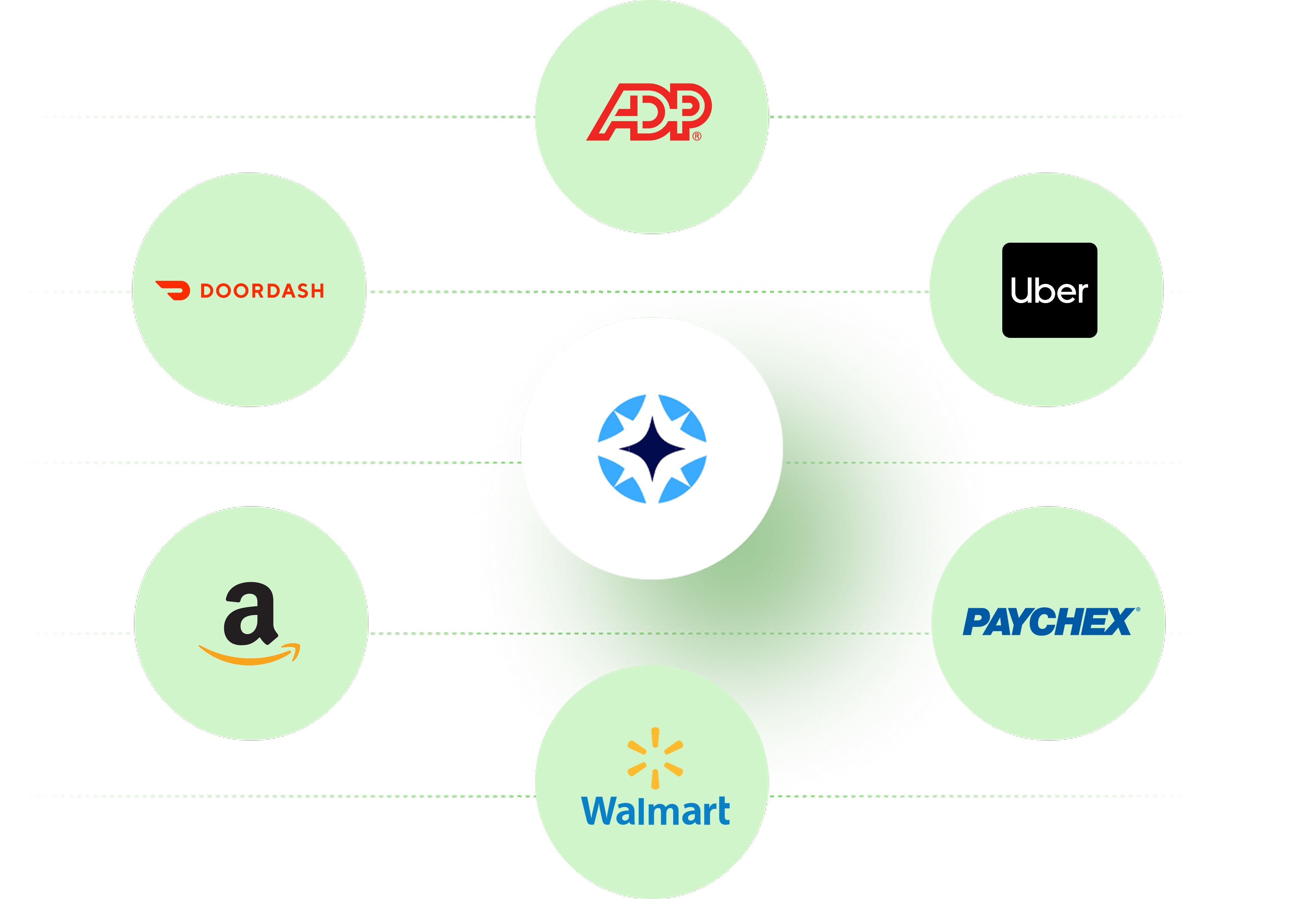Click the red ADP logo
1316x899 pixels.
649,112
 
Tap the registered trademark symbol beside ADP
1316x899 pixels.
697,136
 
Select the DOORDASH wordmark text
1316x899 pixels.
262,291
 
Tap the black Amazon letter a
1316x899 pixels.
251,614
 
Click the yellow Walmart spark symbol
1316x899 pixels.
655,758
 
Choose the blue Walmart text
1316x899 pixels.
656,811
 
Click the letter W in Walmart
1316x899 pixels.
601,811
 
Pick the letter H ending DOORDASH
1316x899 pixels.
317,291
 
